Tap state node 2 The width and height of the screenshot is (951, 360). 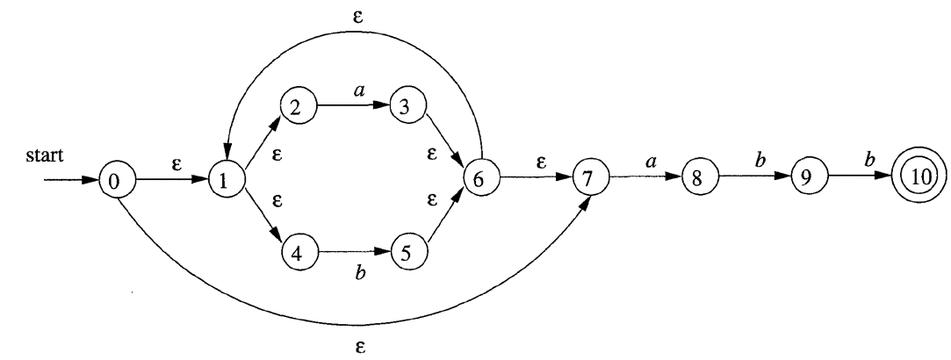tap(298, 106)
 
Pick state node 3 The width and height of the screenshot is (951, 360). tap(407, 106)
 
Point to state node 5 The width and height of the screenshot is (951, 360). tap(409, 253)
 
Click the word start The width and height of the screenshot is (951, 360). tap(44, 155)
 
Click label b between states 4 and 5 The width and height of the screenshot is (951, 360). tap(361, 273)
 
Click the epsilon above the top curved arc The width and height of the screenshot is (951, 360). tap(358, 16)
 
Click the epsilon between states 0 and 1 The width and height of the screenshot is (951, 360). tap(177, 164)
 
